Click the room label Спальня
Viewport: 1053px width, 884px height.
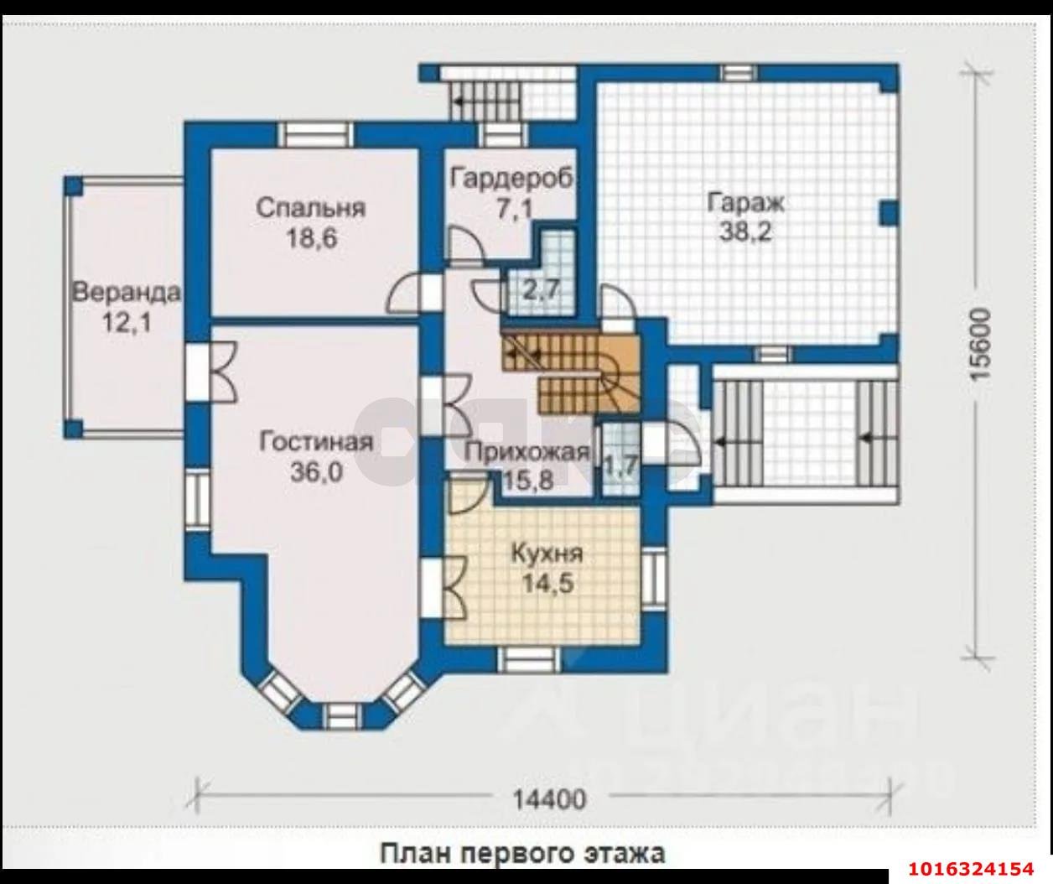[x=311, y=208]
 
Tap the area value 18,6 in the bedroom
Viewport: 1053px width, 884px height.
[x=312, y=238]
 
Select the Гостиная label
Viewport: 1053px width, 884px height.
[x=316, y=443]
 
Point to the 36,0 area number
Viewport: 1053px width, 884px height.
[x=317, y=472]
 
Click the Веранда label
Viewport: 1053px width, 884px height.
[x=127, y=292]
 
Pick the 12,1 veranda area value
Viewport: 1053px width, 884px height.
[x=127, y=323]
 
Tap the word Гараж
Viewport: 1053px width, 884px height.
[x=746, y=203]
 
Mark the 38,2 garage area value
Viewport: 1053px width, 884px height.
[x=745, y=232]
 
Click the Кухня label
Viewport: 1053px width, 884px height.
[x=547, y=554]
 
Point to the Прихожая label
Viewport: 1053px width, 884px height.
[x=526, y=451]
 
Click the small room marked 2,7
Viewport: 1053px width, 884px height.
[x=541, y=289]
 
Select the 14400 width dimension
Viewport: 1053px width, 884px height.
[x=550, y=798]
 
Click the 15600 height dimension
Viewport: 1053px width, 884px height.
[x=980, y=345]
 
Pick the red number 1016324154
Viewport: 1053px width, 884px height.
[x=972, y=869]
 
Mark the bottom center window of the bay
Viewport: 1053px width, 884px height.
[x=343, y=717]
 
